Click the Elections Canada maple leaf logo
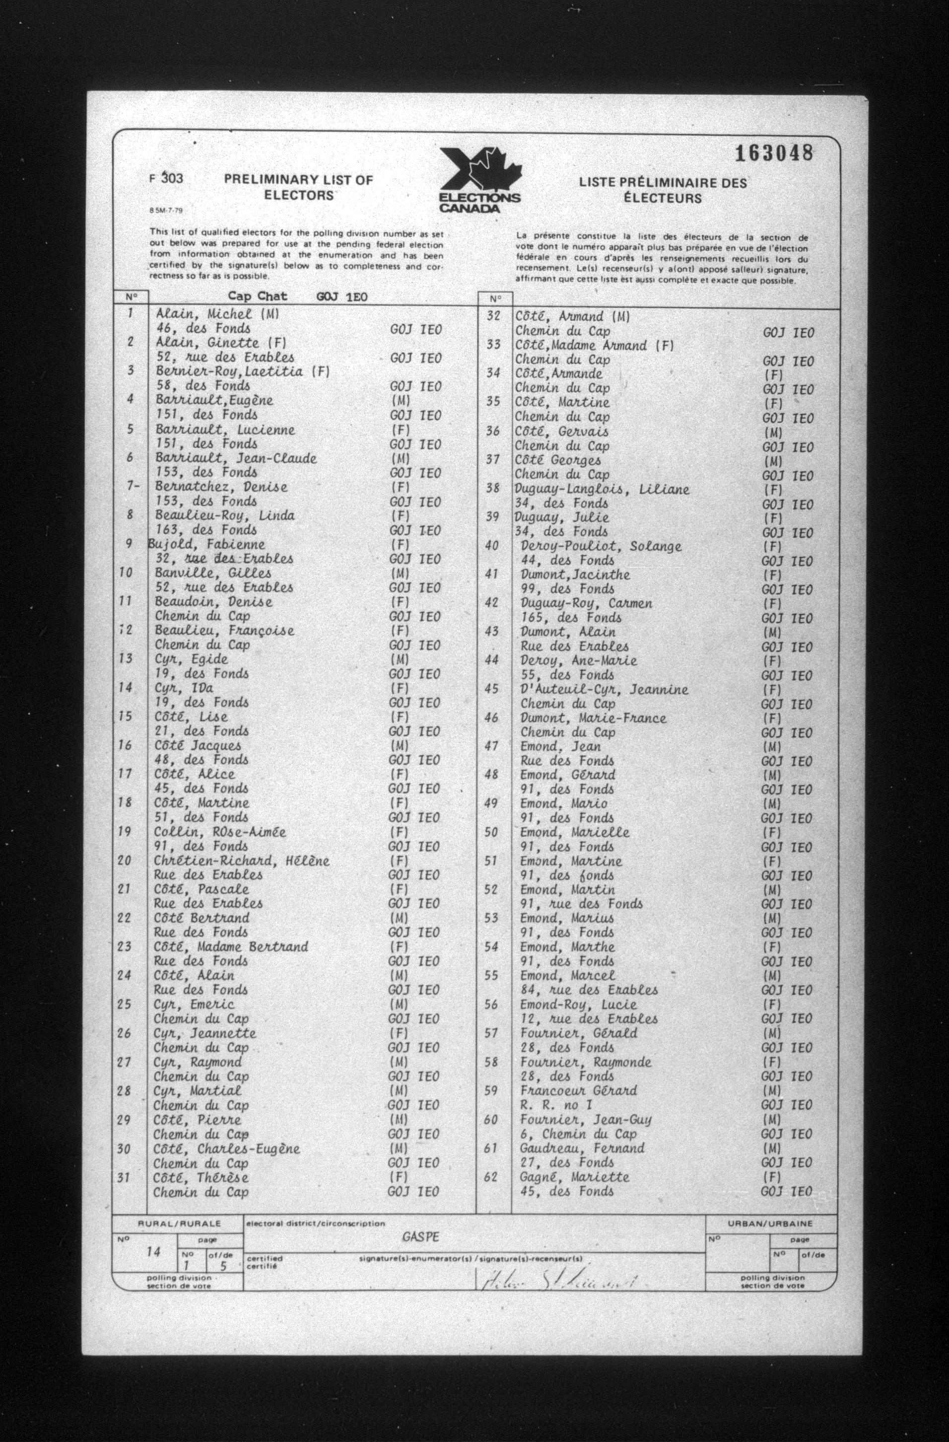click(x=479, y=180)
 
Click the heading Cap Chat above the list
click(x=258, y=296)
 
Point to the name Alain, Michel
click(x=203, y=314)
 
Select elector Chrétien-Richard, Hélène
click(x=241, y=861)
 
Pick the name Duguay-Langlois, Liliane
click(x=602, y=489)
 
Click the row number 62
click(x=491, y=1177)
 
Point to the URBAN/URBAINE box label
click(x=770, y=1224)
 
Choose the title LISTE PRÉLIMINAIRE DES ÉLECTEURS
click(x=663, y=190)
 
